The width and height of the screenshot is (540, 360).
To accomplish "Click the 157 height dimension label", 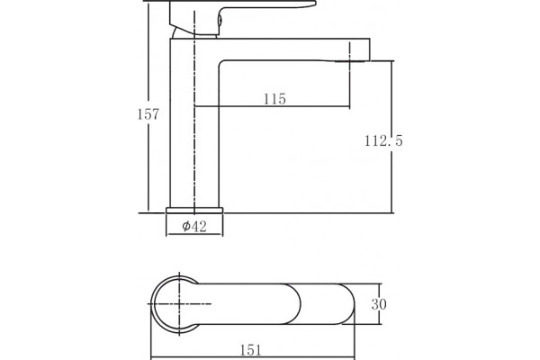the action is coord(148,114).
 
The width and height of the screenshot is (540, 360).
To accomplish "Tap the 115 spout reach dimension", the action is coord(274,99).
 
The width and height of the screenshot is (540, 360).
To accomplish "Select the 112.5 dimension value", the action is coord(383,140).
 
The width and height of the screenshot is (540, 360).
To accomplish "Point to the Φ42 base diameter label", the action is coord(194,226).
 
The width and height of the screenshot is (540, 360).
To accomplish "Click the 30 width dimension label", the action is coord(379,304).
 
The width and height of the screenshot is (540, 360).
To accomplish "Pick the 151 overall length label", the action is coord(250,350).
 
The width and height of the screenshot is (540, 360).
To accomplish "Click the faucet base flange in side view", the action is coord(194,210).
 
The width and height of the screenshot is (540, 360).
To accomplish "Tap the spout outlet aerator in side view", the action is coord(349,62).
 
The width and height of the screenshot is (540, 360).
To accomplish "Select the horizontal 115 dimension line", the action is coord(272,106).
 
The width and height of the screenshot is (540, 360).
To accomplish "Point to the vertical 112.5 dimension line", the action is coord(391,137).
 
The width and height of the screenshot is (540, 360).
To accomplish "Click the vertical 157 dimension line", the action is coord(148,106).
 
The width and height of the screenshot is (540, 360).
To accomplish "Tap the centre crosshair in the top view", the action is coord(179,304).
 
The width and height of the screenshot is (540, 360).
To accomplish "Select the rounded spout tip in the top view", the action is coord(346,304).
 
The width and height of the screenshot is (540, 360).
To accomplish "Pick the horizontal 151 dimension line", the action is coord(253,358).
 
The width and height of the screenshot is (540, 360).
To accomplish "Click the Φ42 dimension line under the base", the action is coord(194,235).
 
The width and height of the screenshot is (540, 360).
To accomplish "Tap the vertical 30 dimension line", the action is coord(380,304).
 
